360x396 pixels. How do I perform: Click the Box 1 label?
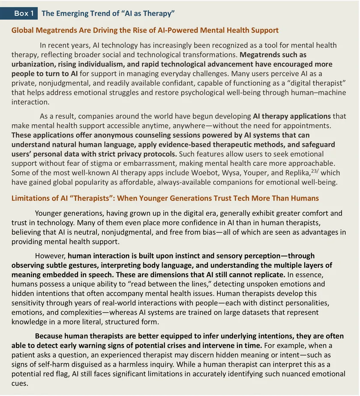click(x=24, y=13)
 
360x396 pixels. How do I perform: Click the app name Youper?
click(x=268, y=172)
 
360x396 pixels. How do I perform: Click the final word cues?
click(x=20, y=383)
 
